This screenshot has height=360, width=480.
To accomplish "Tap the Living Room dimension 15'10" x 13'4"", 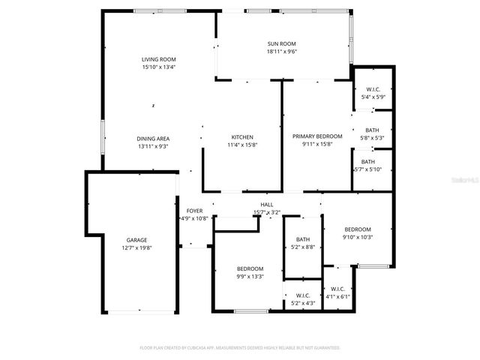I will click(x=158, y=67).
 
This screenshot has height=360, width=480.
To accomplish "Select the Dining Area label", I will click(x=153, y=138).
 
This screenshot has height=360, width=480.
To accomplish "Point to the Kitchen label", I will click(x=242, y=136).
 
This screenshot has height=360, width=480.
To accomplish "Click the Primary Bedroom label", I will click(x=317, y=136).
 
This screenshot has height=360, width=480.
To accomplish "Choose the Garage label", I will click(x=136, y=240).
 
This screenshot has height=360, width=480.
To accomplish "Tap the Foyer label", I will click(x=194, y=211).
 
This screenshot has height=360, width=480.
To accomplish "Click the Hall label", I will click(x=267, y=205).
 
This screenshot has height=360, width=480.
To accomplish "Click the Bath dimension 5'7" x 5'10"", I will click(x=368, y=169).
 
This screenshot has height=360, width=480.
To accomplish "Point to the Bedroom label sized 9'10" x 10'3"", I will click(x=358, y=229).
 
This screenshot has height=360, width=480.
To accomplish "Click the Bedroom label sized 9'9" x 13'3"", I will click(x=250, y=268).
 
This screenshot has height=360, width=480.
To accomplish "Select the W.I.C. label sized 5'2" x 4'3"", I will click(x=303, y=295).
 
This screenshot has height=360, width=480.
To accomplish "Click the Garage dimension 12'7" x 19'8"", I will click(x=136, y=248).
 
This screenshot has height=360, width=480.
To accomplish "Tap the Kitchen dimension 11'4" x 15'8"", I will click(x=242, y=145).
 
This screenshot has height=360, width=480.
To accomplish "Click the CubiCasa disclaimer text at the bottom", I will click(x=240, y=348).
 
